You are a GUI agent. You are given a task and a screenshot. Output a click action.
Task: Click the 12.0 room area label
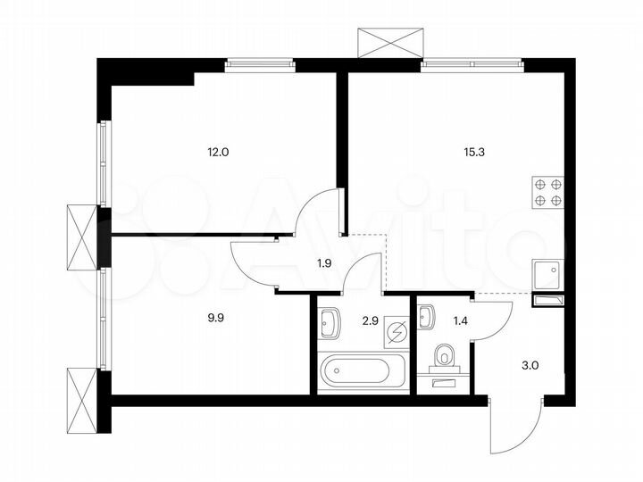219,152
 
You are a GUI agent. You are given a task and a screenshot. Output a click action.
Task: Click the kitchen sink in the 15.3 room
547,275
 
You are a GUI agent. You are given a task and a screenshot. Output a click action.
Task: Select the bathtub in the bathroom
355,371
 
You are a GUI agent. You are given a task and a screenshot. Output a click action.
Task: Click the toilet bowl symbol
443,359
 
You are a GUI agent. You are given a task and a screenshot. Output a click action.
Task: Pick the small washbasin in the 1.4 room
426,315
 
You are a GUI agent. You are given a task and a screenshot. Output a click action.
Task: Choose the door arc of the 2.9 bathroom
363,272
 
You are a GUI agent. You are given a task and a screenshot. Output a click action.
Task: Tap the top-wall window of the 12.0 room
259,63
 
